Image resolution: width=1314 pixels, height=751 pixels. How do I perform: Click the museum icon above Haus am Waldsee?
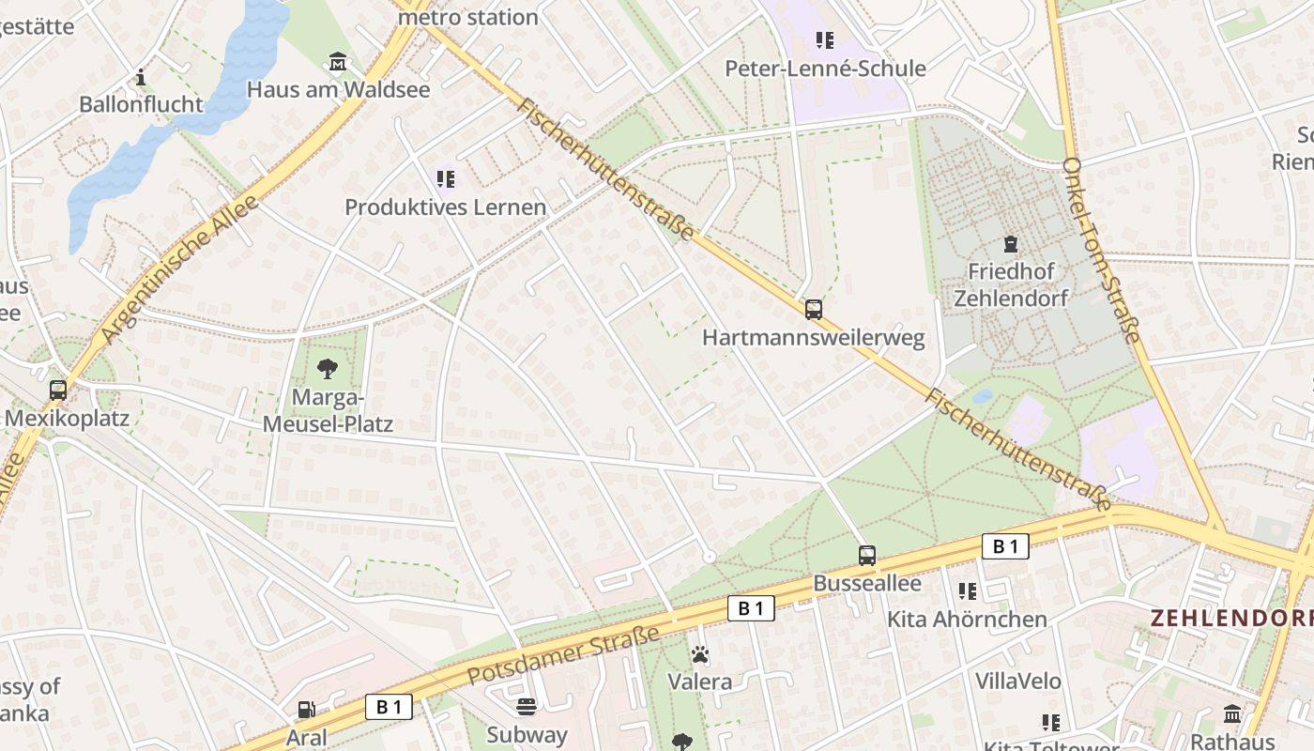pos(338,63)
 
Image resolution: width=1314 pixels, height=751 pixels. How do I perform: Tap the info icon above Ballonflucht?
pos(141,77)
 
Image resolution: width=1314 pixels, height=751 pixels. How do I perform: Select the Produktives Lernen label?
pos(445,207)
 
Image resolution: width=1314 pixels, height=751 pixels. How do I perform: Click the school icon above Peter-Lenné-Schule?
pos(825,40)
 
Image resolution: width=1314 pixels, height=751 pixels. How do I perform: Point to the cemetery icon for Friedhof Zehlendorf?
pos(1011,244)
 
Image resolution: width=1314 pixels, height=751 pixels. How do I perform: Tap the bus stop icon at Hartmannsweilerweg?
pos(813,309)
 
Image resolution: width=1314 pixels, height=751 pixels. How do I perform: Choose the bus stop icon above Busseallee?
pos(867,555)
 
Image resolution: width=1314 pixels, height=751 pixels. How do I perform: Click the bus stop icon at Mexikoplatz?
pos(58,390)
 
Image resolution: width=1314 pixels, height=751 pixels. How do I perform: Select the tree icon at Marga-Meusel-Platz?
pos(327,368)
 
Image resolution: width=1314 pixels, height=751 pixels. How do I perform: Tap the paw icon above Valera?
pos(700,653)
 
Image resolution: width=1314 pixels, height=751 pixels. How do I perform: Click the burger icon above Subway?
pos(527,706)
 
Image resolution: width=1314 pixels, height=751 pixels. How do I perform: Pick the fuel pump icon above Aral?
pos(306,710)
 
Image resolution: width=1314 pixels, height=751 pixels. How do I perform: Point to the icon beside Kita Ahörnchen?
pos(968,591)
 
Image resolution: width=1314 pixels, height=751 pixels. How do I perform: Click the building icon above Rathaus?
pos(1232,714)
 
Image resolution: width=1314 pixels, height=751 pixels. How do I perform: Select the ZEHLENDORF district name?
pos(1230,619)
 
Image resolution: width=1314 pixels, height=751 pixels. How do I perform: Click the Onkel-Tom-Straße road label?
pos(1102,250)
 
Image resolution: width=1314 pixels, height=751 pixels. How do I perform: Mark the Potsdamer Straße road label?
pos(563,655)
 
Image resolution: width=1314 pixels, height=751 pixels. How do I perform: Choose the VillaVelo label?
pos(1017,681)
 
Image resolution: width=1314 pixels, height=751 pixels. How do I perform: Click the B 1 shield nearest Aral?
pos(389,707)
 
